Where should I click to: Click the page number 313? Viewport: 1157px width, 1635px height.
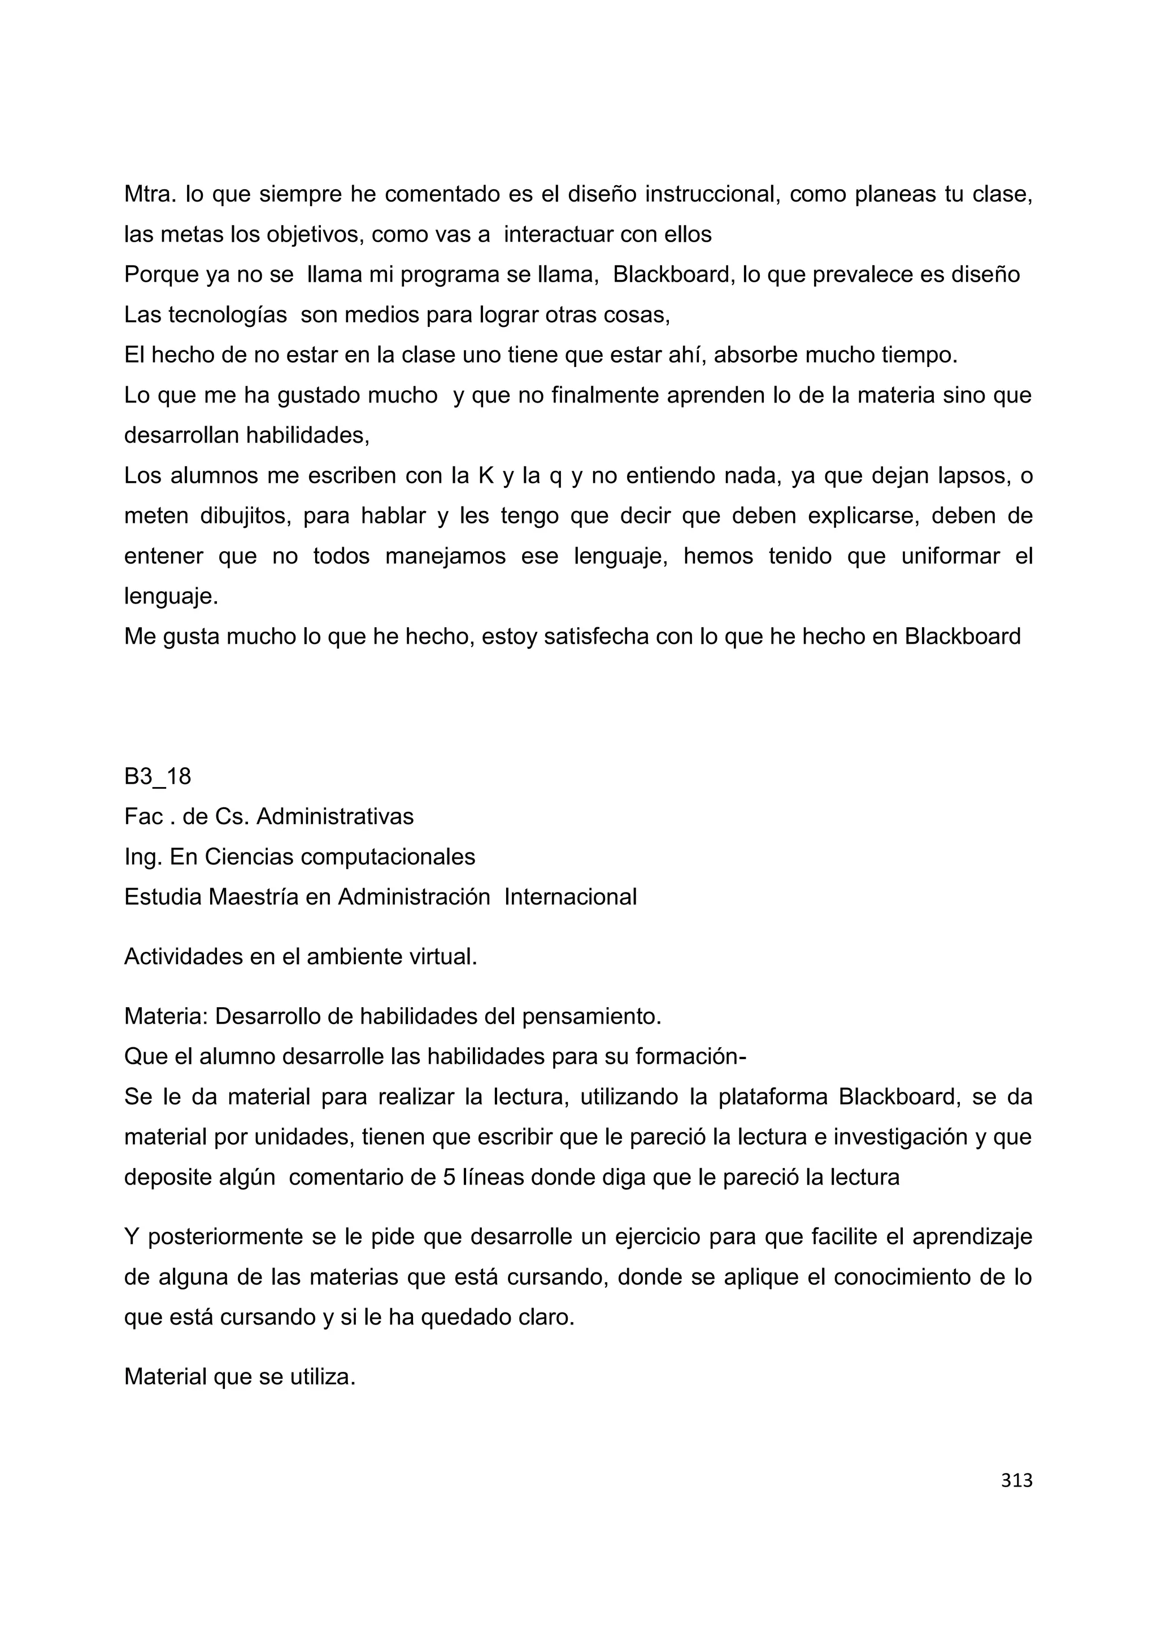pyautogui.click(x=1016, y=1480)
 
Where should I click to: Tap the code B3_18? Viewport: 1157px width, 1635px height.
pyautogui.click(x=158, y=776)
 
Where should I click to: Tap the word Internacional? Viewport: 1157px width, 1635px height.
pyautogui.click(x=570, y=897)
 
